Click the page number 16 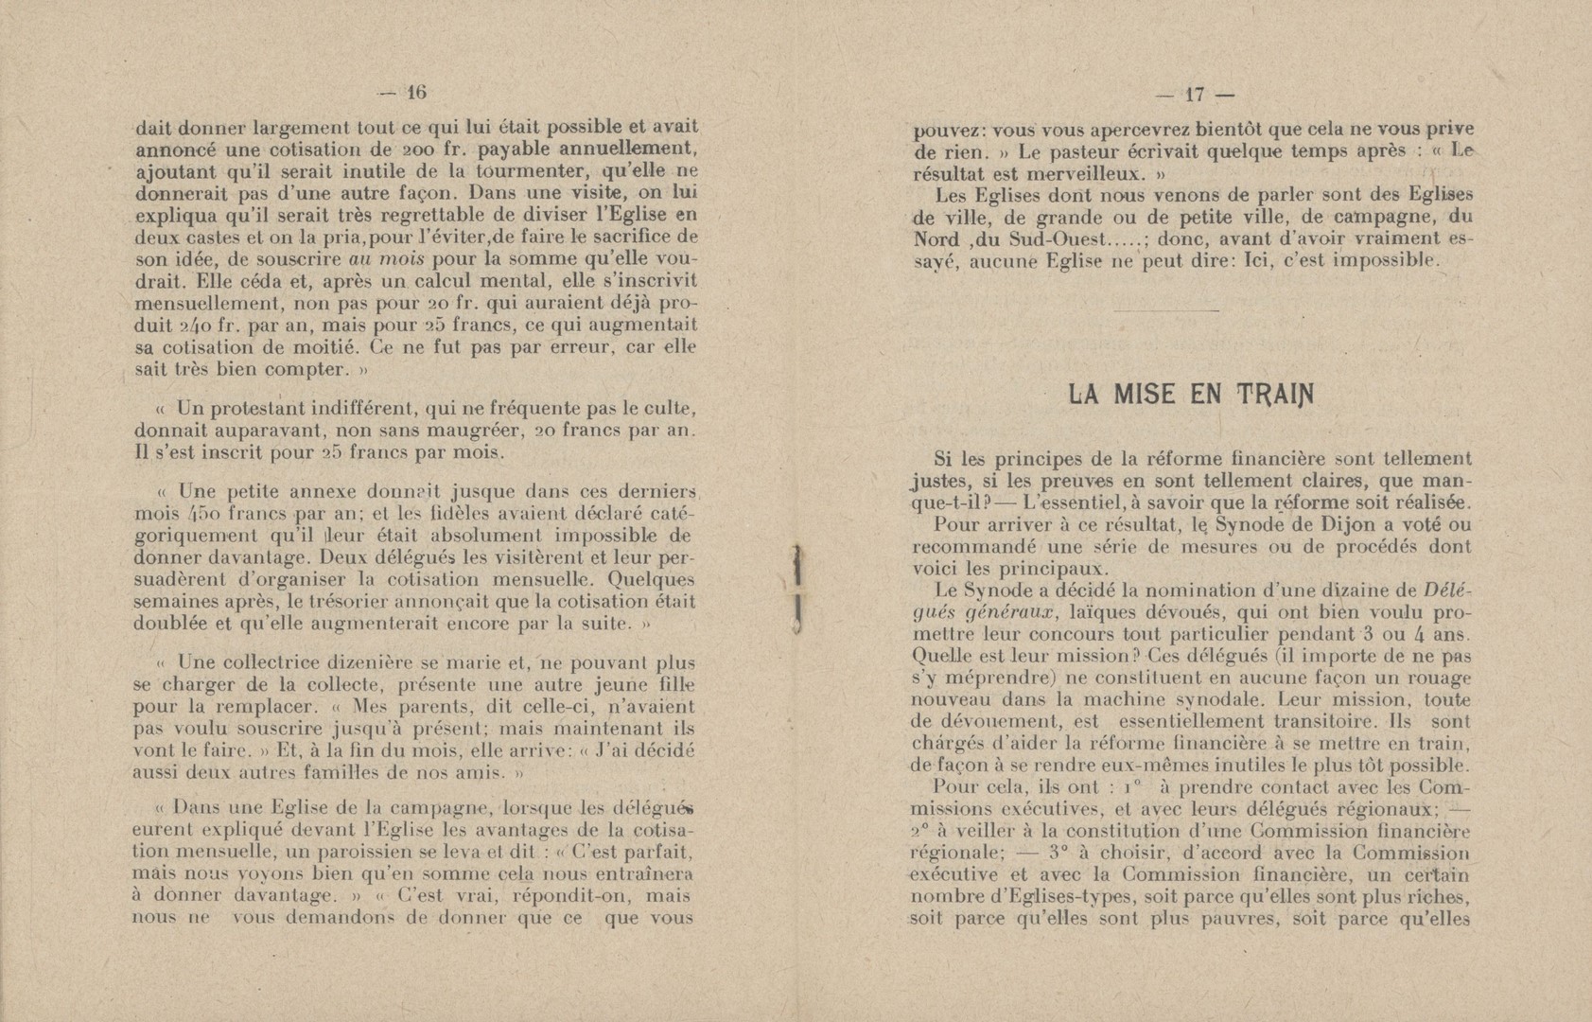pyautogui.click(x=416, y=93)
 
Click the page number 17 pyautogui.click(x=1194, y=94)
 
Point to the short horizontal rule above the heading pyautogui.click(x=1167, y=309)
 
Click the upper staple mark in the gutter pyautogui.click(x=800, y=565)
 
